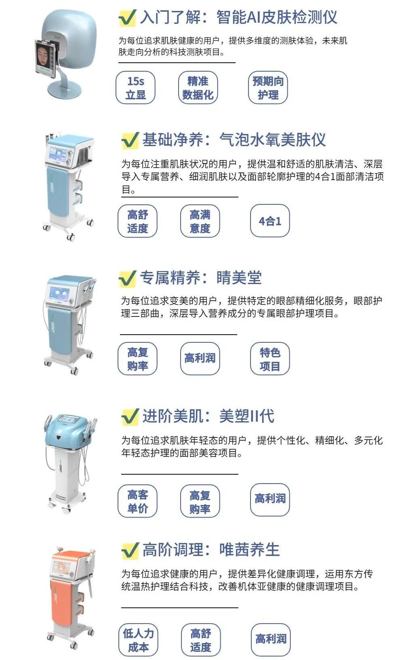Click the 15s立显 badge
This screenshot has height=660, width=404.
pyautogui.click(x=135, y=88)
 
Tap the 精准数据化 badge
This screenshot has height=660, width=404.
pyautogui.click(x=198, y=88)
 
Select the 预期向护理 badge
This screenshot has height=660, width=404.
pyautogui.click(x=268, y=88)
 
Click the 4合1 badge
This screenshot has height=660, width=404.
pyautogui.click(x=270, y=221)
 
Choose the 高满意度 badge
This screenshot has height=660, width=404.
pyautogui.click(x=200, y=221)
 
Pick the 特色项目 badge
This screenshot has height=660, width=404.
pyautogui.click(x=270, y=359)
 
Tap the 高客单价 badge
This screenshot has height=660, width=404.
pyautogui.click(x=137, y=501)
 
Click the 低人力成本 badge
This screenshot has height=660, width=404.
pyautogui.click(x=138, y=640)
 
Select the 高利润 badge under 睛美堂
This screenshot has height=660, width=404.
pyautogui.click(x=200, y=359)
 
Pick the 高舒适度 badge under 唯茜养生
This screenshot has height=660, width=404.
pyautogui.click(x=201, y=640)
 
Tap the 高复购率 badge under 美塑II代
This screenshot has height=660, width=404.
pyautogui.click(x=200, y=502)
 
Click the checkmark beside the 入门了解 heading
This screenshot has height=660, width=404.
pyautogui.click(x=127, y=18)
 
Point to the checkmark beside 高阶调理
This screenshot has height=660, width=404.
pyautogui.click(x=130, y=551)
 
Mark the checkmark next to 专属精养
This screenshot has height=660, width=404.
pyautogui.click(x=127, y=278)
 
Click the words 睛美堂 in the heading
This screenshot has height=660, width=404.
pyautogui.click(x=239, y=278)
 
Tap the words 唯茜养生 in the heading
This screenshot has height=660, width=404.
pyautogui.click(x=249, y=550)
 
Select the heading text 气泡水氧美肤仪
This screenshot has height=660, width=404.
pyautogui.click(x=272, y=140)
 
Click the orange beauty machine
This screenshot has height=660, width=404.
pyautogui.click(x=71, y=595)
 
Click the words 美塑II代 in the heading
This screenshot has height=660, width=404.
pyautogui.click(x=247, y=416)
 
